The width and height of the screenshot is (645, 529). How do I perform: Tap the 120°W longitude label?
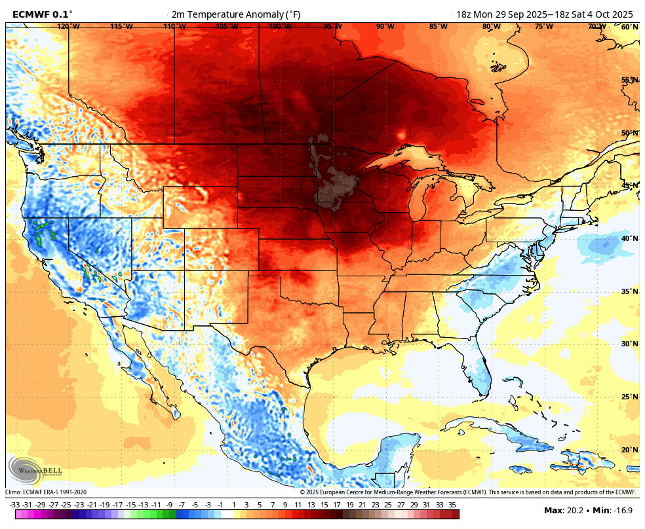tap(68, 26)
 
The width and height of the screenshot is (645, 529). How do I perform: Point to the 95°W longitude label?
tap(332, 26)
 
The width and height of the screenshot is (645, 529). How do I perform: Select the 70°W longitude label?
tap(596, 26)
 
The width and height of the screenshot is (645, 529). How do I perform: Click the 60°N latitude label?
tap(629, 27)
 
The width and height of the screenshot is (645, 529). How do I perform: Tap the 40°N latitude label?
tap(629, 238)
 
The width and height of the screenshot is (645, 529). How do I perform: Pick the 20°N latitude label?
tap(629, 450)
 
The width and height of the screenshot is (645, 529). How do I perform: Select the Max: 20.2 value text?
tap(562, 511)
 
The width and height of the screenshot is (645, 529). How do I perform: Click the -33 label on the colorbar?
tap(14, 505)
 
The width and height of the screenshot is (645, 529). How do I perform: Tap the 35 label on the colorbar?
tap(452, 505)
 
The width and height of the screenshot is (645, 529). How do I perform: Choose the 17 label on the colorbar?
tap(336, 505)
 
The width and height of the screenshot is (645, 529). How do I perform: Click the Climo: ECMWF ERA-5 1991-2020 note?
tap(46, 492)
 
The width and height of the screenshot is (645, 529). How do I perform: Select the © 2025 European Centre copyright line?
tap(468, 492)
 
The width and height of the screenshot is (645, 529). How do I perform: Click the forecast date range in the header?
tap(544, 14)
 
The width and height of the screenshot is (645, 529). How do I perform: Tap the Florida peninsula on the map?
tap(482, 370)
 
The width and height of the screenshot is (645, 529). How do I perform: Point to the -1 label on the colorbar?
tap(220, 505)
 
